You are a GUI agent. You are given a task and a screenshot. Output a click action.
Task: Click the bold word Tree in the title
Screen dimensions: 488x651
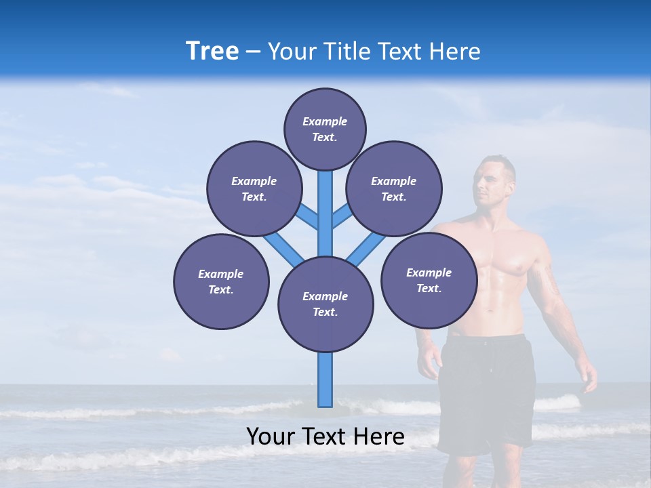pos(212,52)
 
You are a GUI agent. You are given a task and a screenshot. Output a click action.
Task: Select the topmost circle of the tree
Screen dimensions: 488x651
pos(325,129)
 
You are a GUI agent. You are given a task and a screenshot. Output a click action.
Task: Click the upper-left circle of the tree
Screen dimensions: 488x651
pos(254,188)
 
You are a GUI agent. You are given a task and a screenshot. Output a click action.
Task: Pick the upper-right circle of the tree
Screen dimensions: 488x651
pos(394,188)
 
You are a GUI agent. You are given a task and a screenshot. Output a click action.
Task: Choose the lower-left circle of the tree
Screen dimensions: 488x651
pos(221,281)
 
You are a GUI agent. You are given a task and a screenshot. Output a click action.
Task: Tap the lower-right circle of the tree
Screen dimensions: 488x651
pos(429,280)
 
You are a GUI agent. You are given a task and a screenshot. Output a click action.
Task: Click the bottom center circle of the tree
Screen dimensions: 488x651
pos(325,304)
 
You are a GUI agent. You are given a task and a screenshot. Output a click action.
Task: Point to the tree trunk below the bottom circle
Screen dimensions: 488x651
pos(325,380)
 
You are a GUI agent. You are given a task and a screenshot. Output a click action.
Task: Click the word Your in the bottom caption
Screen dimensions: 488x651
pos(271,436)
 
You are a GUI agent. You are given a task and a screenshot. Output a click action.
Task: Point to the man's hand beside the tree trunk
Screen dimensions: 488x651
pos(429,363)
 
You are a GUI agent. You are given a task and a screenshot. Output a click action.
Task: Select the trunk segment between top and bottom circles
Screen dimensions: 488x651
pos(325,213)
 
